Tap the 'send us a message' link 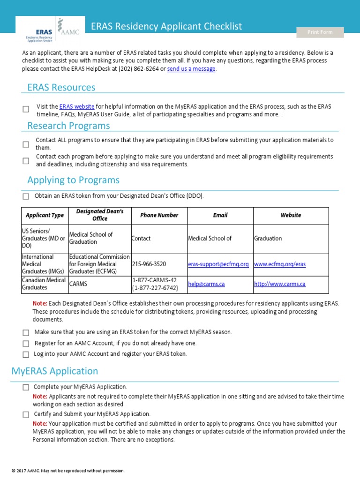point(191,69)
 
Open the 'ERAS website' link point(77,106)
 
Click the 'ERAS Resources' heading point(61,87)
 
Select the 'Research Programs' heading point(68,126)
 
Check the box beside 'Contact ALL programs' point(26,144)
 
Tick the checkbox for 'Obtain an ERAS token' point(26,196)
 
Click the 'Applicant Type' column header point(45,215)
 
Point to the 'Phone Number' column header point(159,215)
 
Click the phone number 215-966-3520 point(149,264)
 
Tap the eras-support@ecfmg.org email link point(218,264)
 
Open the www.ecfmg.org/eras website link point(280,264)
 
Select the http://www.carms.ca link point(280,284)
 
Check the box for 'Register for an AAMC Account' point(26,344)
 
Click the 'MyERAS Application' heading point(55,371)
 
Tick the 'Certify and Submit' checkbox point(26,414)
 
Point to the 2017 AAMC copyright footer point(68,470)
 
